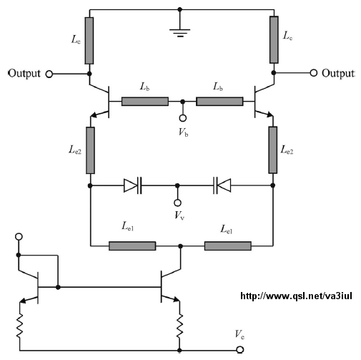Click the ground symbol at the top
180,32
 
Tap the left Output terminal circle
49,74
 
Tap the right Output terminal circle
314,73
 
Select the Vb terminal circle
183,118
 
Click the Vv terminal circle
177,203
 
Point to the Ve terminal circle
240,350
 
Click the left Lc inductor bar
89,41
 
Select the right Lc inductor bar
274,39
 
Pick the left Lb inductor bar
145,102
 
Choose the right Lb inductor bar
219,102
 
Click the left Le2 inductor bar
90,150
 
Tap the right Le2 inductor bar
273,150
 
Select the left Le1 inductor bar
132,245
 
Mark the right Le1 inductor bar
228,245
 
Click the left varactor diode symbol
133,185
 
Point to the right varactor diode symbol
222,185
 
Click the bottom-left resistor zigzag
19,326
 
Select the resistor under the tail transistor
179,326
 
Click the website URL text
296,296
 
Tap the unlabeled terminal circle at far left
19,237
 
